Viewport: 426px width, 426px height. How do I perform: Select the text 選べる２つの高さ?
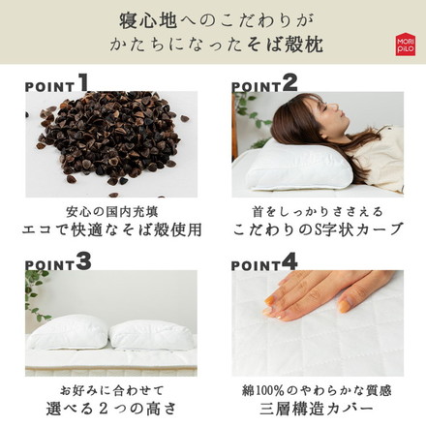[x=109, y=410]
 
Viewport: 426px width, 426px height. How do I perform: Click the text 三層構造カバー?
[x=317, y=410]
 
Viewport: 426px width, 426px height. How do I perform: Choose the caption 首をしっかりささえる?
[x=317, y=210]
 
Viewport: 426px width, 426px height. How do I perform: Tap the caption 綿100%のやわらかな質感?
[x=317, y=388]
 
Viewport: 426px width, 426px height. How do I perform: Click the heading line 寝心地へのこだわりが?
[x=212, y=18]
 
